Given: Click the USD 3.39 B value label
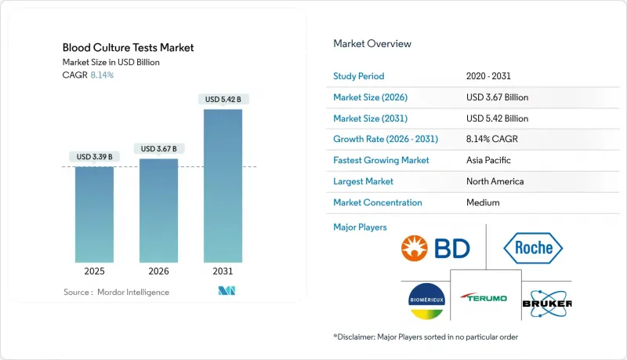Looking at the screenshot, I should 95,157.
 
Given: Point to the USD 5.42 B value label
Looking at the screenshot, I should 223,100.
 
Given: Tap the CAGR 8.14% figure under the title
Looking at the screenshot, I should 100,75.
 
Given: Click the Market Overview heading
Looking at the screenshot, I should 372,44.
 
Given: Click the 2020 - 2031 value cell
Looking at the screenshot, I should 489,76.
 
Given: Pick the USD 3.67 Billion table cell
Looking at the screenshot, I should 497,97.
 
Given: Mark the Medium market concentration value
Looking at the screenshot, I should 482,202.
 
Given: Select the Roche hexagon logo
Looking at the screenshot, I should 533,249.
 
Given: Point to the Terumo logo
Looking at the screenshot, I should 484,299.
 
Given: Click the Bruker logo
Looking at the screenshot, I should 545,301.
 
